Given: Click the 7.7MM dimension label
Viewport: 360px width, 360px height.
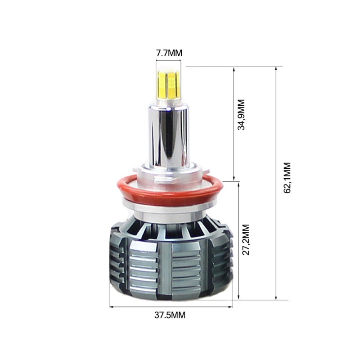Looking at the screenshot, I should click(169, 53).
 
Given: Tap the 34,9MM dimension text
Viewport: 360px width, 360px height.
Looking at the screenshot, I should click(242, 115).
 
